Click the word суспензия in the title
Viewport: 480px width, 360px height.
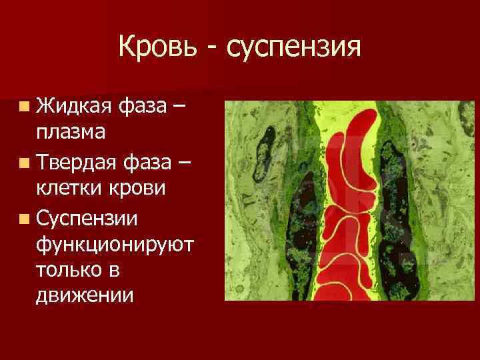[294, 49]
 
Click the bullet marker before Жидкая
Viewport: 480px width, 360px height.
[24, 105]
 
